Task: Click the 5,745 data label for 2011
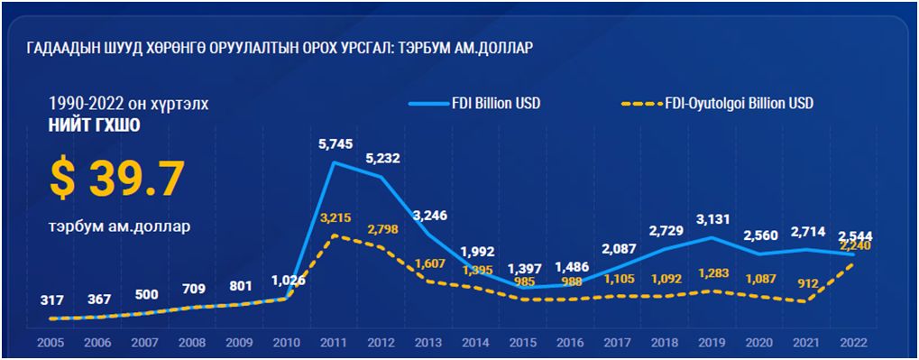335,143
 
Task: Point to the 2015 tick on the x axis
522,343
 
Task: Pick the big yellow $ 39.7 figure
116,178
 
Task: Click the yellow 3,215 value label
335,217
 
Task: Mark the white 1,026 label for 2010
288,280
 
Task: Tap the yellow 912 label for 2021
807,283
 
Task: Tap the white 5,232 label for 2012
381,158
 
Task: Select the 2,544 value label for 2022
853,236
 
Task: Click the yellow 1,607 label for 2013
429,264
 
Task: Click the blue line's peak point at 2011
335,162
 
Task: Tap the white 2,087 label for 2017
617,248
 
